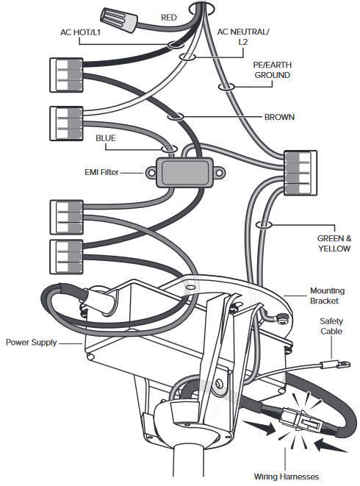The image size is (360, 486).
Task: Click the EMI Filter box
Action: coord(184,173)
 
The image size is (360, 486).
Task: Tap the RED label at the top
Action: coord(169,18)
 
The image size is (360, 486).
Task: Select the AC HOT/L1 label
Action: coord(80,32)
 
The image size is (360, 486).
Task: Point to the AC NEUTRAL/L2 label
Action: coord(243,37)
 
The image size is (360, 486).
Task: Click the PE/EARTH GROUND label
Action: coord(273,70)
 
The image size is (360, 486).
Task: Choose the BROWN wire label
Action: coord(279,117)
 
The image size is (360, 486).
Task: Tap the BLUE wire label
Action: coord(106,138)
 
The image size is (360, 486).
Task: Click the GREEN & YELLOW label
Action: coord(334,243)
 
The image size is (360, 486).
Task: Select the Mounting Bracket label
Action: coord(327,296)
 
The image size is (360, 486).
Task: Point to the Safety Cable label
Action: coord(331,326)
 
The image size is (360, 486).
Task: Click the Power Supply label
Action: coord(32,343)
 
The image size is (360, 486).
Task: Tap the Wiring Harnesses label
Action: coord(287,476)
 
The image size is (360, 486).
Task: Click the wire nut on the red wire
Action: coord(119,20)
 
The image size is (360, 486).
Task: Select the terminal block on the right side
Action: coord(300,173)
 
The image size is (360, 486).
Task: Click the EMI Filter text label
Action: coord(101,172)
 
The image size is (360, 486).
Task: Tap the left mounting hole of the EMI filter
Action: coord(151,173)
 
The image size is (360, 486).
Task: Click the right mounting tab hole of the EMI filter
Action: coord(219,173)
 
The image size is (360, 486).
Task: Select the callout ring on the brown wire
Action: coord(176,117)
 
